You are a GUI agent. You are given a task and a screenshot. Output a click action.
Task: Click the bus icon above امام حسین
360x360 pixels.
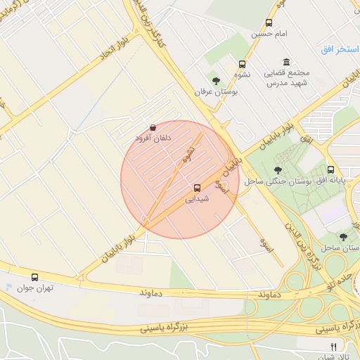(269, 22)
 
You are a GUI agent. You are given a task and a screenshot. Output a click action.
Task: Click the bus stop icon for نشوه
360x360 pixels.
(243, 64)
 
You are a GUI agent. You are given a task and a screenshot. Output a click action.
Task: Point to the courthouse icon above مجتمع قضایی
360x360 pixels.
(285, 63)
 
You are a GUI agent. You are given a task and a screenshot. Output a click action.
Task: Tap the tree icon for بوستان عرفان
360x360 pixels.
(215, 81)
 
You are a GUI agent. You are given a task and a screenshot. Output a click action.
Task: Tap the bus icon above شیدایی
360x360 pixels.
(197, 188)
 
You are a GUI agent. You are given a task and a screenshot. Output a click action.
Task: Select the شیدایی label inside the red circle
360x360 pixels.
(197, 199)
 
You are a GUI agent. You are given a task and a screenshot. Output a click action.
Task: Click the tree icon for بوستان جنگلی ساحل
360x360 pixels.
(278, 169)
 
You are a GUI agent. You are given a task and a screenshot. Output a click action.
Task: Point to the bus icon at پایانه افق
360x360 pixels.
(330, 169)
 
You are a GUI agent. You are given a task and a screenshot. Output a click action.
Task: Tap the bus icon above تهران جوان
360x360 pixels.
(35, 277)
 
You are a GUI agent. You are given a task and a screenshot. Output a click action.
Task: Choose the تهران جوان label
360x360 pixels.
(36, 288)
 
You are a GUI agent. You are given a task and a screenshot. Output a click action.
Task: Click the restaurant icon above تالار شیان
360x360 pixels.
(333, 346)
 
